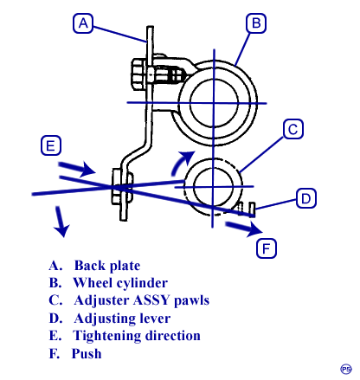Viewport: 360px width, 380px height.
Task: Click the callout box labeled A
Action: (x=83, y=23)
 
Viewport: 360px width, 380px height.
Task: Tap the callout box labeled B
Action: (x=256, y=23)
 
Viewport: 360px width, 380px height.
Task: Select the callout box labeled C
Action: (x=293, y=129)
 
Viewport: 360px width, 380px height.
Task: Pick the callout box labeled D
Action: (x=306, y=198)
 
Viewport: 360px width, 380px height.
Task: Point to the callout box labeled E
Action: (x=51, y=145)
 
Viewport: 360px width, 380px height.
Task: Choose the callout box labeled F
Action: (x=267, y=248)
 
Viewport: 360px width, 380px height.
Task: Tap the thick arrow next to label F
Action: (x=244, y=228)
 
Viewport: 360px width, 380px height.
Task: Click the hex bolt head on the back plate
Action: (x=139, y=74)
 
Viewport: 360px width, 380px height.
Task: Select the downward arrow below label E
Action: (x=61, y=222)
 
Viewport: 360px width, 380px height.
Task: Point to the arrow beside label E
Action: (x=77, y=169)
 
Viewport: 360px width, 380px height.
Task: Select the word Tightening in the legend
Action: (x=107, y=336)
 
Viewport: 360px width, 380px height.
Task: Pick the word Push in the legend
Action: (x=87, y=353)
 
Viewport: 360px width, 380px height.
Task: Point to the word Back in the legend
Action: (x=89, y=266)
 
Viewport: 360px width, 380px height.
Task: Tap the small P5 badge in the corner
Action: (x=346, y=369)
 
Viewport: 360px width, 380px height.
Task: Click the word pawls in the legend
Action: (x=192, y=301)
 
